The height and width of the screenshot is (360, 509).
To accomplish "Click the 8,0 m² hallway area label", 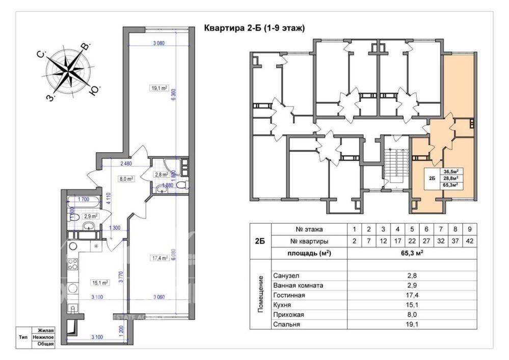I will pyautogui.click(x=126, y=179).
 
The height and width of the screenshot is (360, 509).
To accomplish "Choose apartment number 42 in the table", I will pyautogui.click(x=471, y=241).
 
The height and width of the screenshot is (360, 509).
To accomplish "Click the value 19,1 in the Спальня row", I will pyautogui.click(x=412, y=324).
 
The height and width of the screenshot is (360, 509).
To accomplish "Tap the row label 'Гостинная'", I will pyautogui.click(x=289, y=295).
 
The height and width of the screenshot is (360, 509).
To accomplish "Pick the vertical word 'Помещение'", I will pyautogui.click(x=261, y=294).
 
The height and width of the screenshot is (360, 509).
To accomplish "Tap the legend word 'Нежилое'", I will pyautogui.click(x=43, y=337).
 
